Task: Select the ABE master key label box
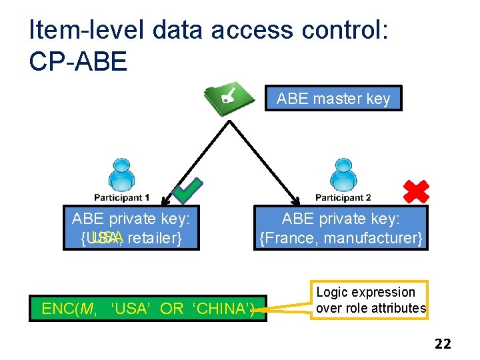[333, 99]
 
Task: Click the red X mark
[417, 191]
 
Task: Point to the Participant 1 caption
[121, 198]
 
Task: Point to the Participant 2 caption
[343, 198]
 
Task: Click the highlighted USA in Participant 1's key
[107, 238]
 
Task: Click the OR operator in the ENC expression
[171, 309]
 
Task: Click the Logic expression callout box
[371, 300]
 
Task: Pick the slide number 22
[443, 344]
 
